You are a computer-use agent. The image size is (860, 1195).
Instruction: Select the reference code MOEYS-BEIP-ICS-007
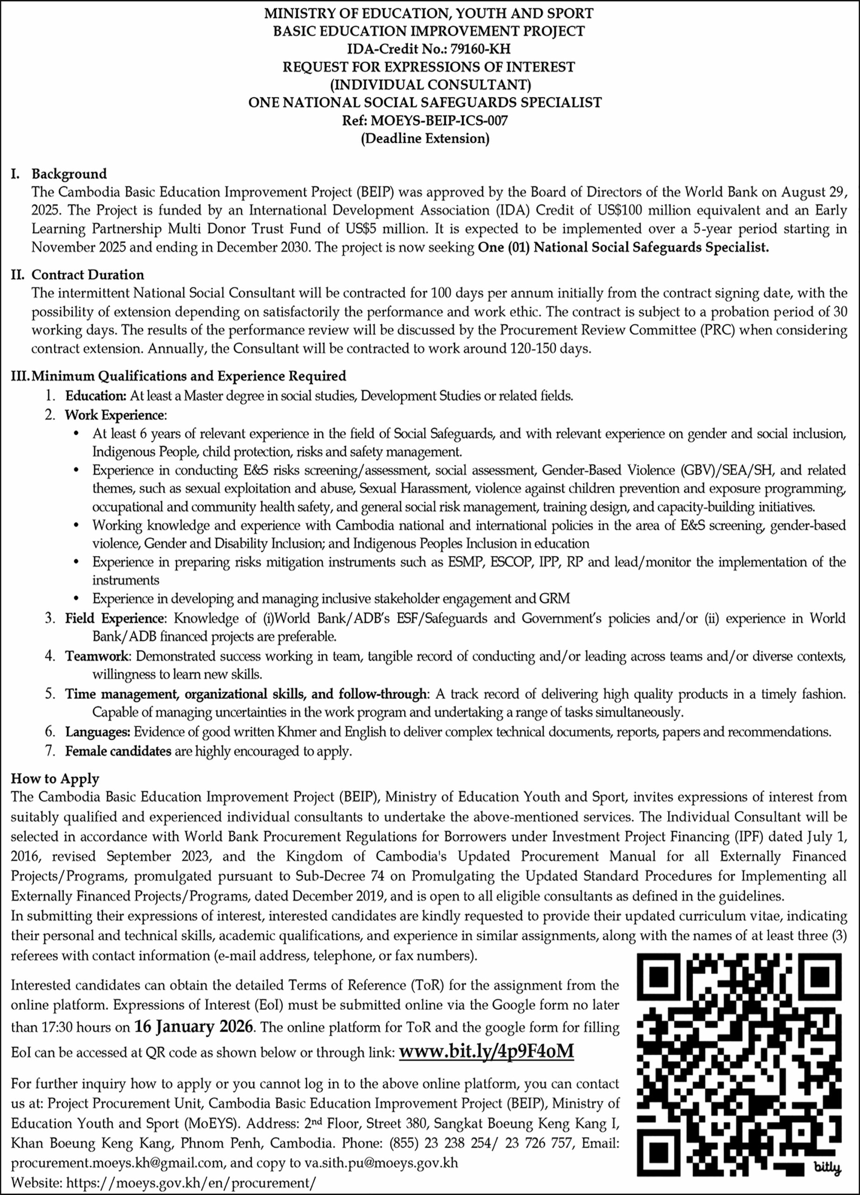pyautogui.click(x=439, y=120)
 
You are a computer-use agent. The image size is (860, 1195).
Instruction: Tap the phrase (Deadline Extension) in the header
pyautogui.click(x=425, y=139)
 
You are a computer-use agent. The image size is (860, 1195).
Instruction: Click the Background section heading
pyautogui.click(x=69, y=174)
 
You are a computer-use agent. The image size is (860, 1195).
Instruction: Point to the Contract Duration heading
pyautogui.click(x=87, y=274)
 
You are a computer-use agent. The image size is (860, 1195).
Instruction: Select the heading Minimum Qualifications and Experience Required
pyautogui.click(x=189, y=376)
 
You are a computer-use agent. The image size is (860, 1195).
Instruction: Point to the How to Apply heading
pyautogui.click(x=55, y=778)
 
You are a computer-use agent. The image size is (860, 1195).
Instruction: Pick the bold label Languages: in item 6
pyautogui.click(x=98, y=732)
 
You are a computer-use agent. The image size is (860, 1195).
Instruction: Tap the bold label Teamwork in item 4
pyautogui.click(x=97, y=656)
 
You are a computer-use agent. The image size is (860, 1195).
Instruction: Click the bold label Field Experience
pyautogui.click(x=115, y=618)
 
